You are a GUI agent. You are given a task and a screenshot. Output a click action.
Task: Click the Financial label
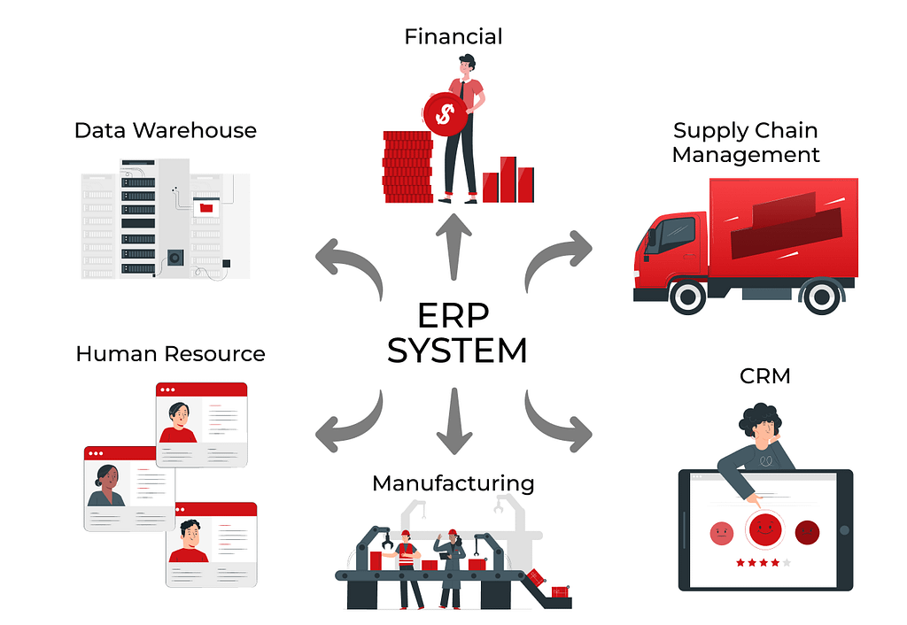[453, 36]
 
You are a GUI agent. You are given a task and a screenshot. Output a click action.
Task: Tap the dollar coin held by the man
[446, 114]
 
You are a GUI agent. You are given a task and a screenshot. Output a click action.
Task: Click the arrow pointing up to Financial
[453, 246]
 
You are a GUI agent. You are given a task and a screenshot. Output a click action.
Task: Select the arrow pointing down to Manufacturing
[454, 421]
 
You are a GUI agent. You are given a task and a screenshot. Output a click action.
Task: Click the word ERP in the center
[453, 316]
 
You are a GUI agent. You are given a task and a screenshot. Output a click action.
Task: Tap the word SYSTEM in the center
[457, 351]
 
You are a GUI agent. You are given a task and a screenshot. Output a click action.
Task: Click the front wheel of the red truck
[687, 297]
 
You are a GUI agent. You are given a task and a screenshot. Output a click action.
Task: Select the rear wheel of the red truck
[821, 297]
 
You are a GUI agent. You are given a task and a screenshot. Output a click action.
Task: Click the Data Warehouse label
[166, 130]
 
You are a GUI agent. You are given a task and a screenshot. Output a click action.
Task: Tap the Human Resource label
[170, 353]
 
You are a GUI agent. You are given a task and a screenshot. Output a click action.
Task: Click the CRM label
[764, 376]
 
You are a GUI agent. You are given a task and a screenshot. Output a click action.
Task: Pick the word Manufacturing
[453, 483]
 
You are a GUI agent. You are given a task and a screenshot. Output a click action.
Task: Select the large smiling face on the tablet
[764, 529]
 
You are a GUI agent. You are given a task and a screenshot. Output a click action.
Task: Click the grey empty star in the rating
[787, 562]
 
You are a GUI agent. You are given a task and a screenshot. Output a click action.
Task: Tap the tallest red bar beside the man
[508, 179]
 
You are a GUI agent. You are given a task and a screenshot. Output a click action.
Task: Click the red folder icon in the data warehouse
[206, 207]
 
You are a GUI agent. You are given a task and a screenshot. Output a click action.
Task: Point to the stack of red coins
[407, 166]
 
